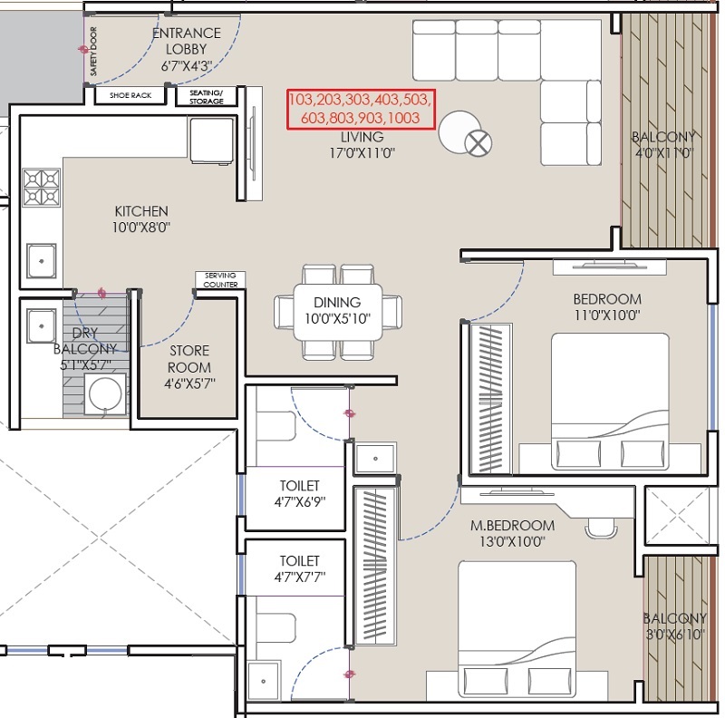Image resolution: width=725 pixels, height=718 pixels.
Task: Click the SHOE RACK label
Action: [x=130, y=95]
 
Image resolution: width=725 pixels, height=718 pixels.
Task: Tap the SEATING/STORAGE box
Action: [x=207, y=97]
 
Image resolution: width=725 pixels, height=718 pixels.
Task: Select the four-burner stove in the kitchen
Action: [x=41, y=188]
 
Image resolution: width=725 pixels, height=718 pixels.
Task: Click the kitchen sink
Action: [x=41, y=261]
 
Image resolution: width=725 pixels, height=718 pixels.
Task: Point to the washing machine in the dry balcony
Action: [x=105, y=394]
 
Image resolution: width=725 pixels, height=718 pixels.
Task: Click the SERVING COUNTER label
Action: [x=220, y=280]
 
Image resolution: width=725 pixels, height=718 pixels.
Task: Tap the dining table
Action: [x=337, y=312]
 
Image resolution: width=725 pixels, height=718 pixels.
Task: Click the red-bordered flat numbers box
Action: [x=361, y=109]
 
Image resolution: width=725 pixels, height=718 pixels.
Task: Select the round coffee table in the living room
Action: [x=459, y=131]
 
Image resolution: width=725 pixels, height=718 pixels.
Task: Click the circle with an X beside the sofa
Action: [x=478, y=143]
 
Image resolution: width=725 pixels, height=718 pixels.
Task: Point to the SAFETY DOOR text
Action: [x=94, y=51]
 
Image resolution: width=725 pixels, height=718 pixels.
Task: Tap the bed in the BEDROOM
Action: [x=610, y=401]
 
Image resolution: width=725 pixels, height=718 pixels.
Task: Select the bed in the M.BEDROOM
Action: [x=517, y=629]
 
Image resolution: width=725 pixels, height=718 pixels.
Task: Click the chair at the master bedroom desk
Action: [x=601, y=528]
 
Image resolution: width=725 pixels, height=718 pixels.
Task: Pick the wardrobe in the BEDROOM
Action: [x=490, y=399]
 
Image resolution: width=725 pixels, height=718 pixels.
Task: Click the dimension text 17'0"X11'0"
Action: [x=362, y=152]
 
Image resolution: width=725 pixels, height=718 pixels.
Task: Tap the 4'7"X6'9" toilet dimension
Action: [x=300, y=502]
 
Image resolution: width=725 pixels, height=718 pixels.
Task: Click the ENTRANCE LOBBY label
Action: [x=187, y=41]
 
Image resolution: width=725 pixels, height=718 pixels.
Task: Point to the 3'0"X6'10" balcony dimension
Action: [x=675, y=635]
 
